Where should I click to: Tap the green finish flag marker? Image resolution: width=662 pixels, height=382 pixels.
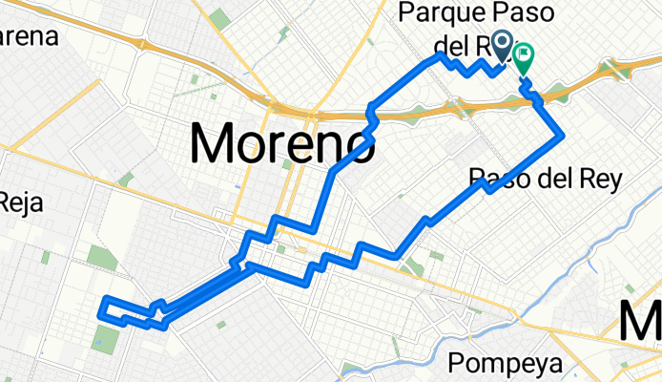coord(524,59)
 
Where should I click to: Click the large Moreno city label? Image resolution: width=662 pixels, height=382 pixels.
coord(281,144)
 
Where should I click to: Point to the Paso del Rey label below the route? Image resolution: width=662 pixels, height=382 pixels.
coord(546,178)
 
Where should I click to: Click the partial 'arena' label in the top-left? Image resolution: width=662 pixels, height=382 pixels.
coord(29,38)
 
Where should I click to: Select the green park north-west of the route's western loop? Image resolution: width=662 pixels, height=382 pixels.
coord(100,257)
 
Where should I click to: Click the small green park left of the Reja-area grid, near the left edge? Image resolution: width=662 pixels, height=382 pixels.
coord(45,257)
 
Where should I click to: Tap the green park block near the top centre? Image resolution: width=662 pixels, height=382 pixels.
coord(220,17)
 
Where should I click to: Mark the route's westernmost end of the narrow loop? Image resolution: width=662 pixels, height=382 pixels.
coord(102,306)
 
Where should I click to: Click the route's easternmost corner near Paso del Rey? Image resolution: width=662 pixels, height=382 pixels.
coord(559,137)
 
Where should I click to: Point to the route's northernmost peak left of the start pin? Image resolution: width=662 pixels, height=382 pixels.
coord(440,57)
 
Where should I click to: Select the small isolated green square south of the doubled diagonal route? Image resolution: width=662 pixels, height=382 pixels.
coord(220,325)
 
